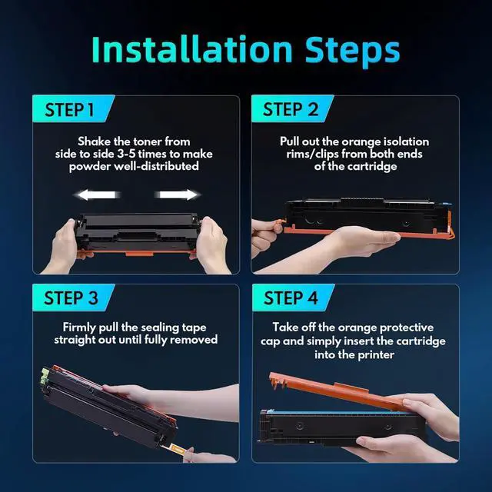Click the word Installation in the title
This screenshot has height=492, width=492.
(192, 49)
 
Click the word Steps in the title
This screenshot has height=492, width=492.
(352, 52)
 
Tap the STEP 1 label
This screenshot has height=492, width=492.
(69, 110)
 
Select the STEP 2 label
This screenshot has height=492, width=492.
(291, 109)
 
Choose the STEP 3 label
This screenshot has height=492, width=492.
(71, 298)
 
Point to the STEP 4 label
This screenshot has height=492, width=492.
(291, 298)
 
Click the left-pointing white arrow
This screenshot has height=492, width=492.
(98, 194)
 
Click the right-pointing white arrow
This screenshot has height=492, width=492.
(177, 194)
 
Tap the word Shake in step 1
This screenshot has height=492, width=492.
(94, 141)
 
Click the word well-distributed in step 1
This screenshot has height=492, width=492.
(156, 166)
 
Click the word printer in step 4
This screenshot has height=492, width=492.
(376, 355)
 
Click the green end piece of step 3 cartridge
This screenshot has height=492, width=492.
(45, 376)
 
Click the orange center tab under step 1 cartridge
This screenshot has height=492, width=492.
(140, 253)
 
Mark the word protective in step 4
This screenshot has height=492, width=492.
(407, 327)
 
